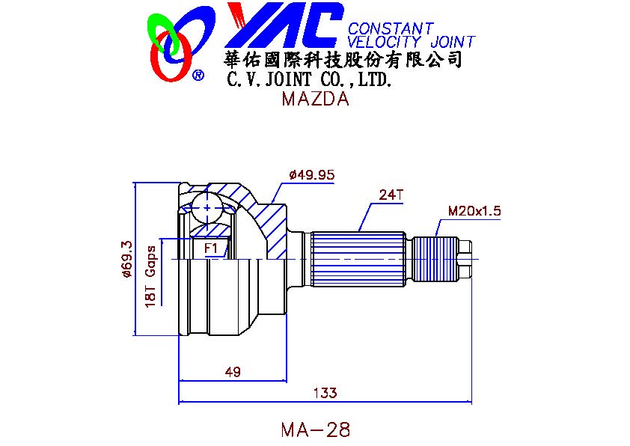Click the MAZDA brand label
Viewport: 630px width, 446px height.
315,100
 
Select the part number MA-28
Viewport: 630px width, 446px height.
315,430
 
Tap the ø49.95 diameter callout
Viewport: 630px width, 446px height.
311,175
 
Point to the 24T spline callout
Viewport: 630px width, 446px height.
391,195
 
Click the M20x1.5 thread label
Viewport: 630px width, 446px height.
474,211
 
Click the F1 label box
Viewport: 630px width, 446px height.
210,248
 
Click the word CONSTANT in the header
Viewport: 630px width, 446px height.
391,29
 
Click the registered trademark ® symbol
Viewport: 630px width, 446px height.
198,75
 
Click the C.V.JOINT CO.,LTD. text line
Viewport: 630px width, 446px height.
308,79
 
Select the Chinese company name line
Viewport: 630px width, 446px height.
342,60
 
